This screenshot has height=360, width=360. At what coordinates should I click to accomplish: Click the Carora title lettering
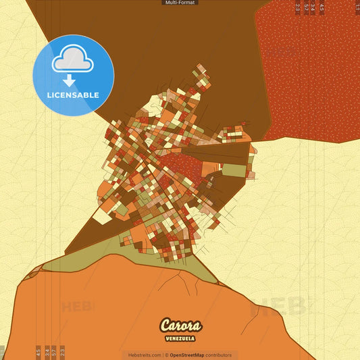180,326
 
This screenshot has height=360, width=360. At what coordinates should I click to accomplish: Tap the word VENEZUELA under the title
180,338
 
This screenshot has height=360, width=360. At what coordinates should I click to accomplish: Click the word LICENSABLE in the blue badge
73,95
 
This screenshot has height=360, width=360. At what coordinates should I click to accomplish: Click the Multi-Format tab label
180,3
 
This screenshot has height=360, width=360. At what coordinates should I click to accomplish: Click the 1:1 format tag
357,8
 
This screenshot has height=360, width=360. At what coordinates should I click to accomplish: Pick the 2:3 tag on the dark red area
298,8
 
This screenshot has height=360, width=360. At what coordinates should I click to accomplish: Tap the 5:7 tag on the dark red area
306,8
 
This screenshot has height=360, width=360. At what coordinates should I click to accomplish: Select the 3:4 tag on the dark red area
313,8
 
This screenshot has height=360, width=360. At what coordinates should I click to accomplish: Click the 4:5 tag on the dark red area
322,8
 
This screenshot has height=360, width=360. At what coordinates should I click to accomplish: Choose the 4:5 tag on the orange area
38,351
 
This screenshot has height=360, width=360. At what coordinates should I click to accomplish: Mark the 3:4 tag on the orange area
47,351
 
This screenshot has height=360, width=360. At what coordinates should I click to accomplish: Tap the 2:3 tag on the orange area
62,351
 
